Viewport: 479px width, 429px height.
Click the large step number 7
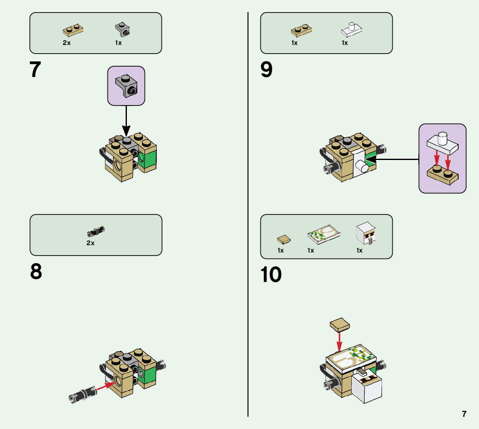(35, 70)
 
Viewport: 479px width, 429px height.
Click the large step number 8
(36, 272)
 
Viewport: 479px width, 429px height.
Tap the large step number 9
(267, 70)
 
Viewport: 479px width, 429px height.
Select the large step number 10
(271, 275)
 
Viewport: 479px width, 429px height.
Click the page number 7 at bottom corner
(464, 414)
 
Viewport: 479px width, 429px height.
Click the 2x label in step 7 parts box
(67, 43)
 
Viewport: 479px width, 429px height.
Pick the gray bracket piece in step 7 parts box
(122, 29)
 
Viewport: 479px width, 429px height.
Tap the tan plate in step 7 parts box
(73, 29)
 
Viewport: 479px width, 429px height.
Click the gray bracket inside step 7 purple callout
(126, 85)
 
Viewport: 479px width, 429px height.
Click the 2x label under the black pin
(91, 243)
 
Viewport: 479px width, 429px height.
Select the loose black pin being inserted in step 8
(83, 394)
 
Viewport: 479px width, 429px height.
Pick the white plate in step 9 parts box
(351, 30)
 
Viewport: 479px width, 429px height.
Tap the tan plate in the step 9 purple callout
(442, 173)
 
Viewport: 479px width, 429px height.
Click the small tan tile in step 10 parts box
(283, 239)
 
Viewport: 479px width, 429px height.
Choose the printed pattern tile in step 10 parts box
(324, 234)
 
